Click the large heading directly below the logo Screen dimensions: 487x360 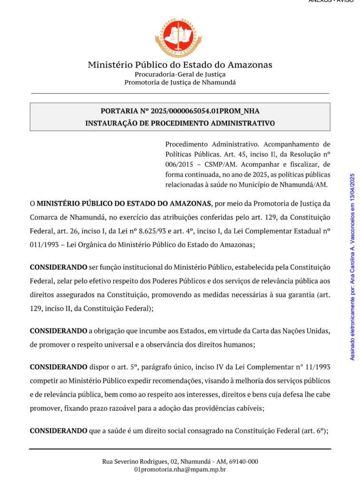(x=180, y=65)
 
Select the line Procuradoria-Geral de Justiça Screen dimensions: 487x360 (x=180, y=74)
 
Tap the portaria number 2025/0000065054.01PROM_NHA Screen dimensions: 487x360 (x=205, y=111)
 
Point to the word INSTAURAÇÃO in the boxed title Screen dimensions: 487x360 (x=110, y=123)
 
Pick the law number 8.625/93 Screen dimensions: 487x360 (x=166, y=231)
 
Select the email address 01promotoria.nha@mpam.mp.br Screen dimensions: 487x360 (x=180, y=469)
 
